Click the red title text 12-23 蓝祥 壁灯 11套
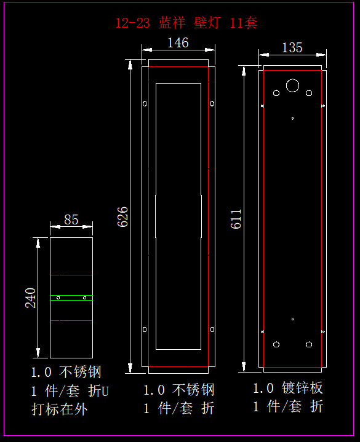coord(186,23)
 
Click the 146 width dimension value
coord(178,43)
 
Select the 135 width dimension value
coord(292,47)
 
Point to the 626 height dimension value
coord(122,216)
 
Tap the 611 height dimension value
coord(236,219)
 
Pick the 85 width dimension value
coord(71,220)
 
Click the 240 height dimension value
coord(31,298)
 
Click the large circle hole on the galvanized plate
coord(292,85)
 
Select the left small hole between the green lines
coord(58,298)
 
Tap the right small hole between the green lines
coord(84,298)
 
